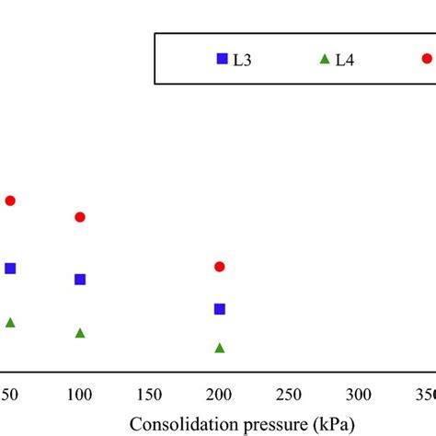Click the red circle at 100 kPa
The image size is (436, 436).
tap(80, 217)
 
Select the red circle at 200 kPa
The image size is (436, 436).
tap(220, 267)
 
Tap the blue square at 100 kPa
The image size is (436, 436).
tap(80, 280)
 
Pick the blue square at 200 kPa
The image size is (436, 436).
tap(220, 309)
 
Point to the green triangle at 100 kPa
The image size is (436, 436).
tap(80, 333)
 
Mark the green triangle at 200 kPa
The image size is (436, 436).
tap(220, 348)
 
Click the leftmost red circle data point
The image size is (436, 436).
tap(10, 201)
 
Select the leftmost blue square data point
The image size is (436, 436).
tap(10, 269)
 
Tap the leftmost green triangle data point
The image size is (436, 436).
tap(10, 323)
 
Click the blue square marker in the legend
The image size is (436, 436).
tap(222, 59)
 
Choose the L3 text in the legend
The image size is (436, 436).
tap(244, 60)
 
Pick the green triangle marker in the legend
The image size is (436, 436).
tap(324, 60)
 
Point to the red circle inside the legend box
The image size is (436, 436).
tap(427, 59)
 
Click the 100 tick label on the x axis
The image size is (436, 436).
tap(80, 395)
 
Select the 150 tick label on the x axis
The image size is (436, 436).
tap(150, 395)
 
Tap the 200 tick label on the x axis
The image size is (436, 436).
tap(220, 395)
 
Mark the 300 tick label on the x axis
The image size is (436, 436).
tap(359, 395)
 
